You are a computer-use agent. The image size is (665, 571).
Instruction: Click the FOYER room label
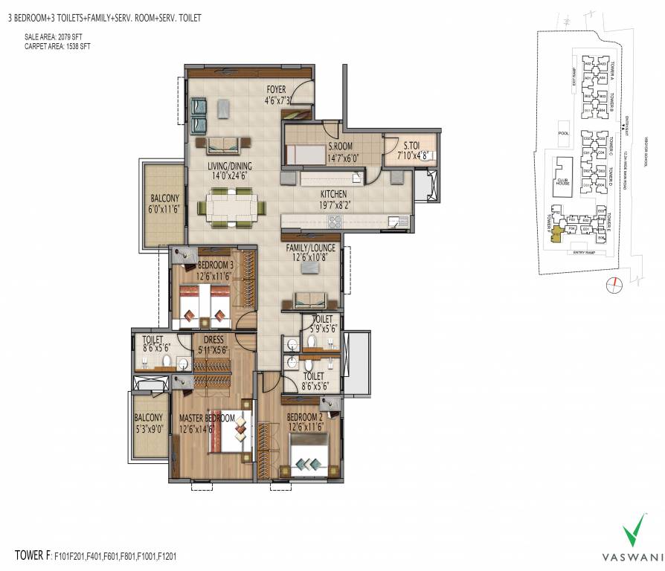[277, 90]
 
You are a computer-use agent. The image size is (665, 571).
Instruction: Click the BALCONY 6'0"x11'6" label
[164, 204]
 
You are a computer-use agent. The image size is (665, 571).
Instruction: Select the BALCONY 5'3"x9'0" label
[149, 423]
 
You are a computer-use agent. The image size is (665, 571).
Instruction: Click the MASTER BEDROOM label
[206, 419]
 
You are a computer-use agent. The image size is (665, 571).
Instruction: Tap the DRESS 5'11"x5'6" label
[213, 344]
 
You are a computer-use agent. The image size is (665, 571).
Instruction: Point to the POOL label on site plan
[562, 134]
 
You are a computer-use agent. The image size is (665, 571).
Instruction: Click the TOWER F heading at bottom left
[33, 555]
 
